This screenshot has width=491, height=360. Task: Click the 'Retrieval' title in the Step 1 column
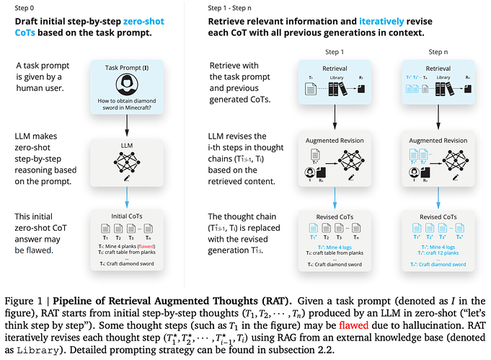pos(333,66)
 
